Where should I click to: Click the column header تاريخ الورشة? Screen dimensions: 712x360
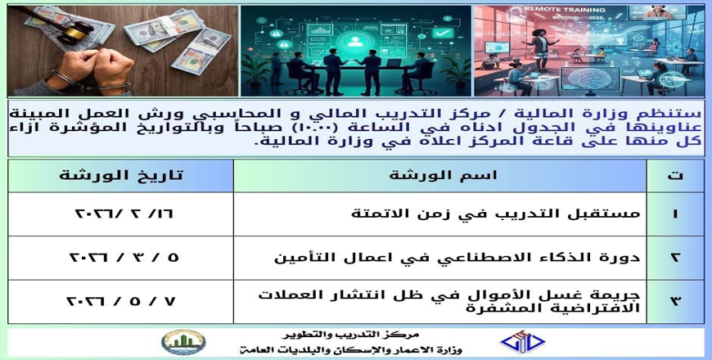click(121, 175)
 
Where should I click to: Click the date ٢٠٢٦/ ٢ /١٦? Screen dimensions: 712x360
click(124, 214)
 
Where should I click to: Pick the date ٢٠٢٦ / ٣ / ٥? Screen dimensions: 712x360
click(124, 258)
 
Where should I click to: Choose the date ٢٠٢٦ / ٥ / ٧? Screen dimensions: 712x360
click(121, 301)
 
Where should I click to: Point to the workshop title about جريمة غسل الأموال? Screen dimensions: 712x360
click(449, 301)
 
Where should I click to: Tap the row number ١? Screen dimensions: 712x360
click(675, 214)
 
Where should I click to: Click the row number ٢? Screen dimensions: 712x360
click(675, 258)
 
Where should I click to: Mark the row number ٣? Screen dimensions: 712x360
click(675, 301)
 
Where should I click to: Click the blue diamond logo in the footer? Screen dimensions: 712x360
click(522, 342)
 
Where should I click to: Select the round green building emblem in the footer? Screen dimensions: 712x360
click(183, 342)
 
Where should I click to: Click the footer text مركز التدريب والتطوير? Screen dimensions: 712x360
click(350, 335)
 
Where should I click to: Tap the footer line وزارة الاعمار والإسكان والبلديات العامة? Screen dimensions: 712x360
click(350, 350)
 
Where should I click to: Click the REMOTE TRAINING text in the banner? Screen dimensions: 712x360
click(565, 10)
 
